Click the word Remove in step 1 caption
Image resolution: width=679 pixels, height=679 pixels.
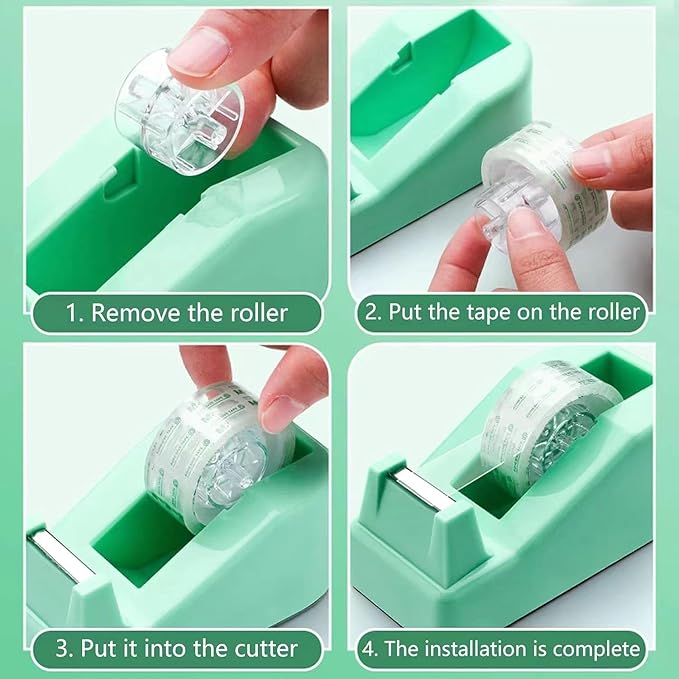(138, 313)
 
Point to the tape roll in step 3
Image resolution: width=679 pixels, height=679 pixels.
(216, 451)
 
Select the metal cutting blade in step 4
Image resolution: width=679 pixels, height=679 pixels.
(410, 485)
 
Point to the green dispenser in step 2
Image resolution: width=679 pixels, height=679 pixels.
(420, 130)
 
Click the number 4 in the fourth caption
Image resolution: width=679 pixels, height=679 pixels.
(371, 649)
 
